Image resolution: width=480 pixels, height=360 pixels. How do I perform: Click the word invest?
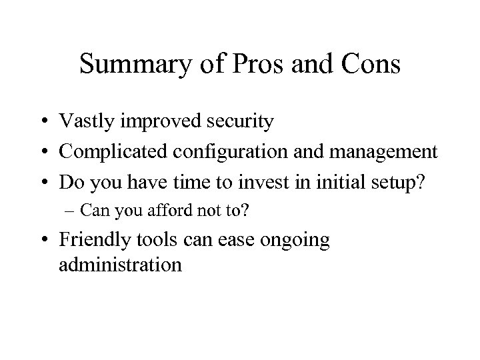click(x=251, y=182)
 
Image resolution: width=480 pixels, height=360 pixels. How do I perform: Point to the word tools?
click(x=153, y=240)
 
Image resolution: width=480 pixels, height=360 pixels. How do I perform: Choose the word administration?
click(x=120, y=265)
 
